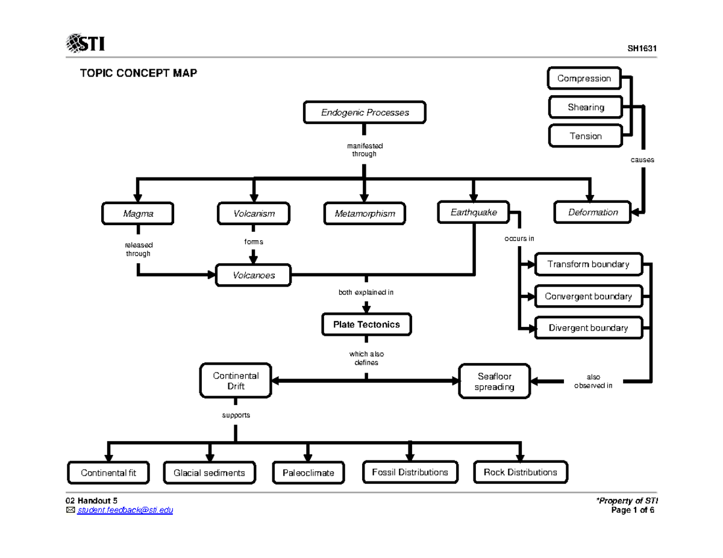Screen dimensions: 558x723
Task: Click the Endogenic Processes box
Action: (x=365, y=113)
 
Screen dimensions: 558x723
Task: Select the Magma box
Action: (x=138, y=213)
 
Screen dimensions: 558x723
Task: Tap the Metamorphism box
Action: (x=364, y=213)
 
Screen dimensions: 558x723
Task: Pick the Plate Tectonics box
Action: (x=366, y=324)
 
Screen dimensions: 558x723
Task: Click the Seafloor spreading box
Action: (x=495, y=381)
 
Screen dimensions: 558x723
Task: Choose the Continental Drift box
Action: (x=236, y=380)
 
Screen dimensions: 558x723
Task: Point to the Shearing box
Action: (x=585, y=107)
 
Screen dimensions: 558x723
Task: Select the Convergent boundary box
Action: (x=587, y=296)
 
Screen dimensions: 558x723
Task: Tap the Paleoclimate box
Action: (x=308, y=473)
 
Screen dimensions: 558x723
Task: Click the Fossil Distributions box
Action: (x=410, y=472)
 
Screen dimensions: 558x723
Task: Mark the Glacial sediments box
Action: (x=209, y=473)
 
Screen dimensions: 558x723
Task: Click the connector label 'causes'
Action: (x=642, y=160)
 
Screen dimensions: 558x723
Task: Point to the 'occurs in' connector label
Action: (x=519, y=238)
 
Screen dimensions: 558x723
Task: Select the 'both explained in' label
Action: (x=366, y=293)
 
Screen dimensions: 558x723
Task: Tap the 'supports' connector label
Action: (x=236, y=415)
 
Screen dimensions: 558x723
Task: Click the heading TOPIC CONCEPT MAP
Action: (x=139, y=73)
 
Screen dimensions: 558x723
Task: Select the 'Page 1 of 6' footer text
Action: (x=632, y=510)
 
